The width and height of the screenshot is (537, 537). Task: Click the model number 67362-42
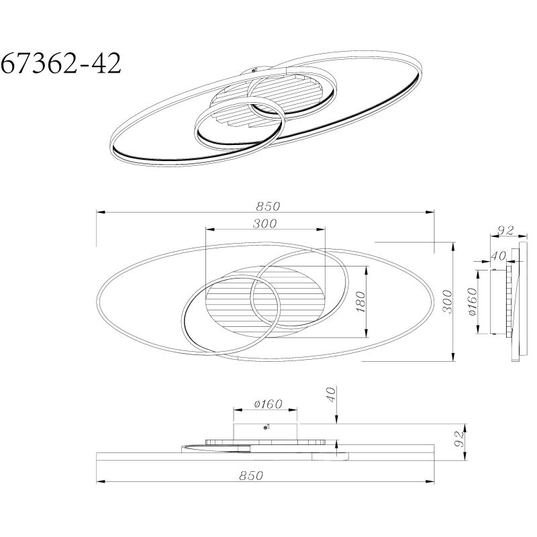pos(61,63)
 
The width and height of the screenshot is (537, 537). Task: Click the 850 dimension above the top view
pos(268,206)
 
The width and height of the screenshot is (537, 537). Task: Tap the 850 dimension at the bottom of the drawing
pos(251,476)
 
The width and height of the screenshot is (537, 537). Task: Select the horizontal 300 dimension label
pos(264,224)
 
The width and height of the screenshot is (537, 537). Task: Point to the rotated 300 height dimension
pos(447,301)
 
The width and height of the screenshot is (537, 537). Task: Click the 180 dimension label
pos(360,301)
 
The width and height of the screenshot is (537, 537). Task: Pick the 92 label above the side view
pos(505,230)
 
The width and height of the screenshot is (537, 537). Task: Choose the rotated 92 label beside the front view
pos(458,439)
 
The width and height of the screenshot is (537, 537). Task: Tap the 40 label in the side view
pos(498,256)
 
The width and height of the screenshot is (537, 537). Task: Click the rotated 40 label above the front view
pos(331,394)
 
